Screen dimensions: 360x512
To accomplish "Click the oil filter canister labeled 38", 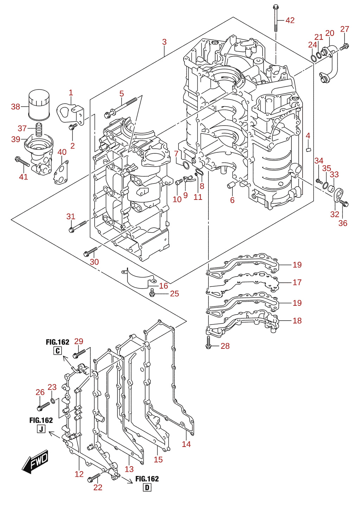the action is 39,104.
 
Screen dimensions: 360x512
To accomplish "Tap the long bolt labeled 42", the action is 276,18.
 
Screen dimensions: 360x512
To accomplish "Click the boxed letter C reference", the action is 58,350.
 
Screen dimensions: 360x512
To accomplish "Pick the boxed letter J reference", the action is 41,429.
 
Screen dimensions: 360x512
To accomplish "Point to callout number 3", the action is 165,42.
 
